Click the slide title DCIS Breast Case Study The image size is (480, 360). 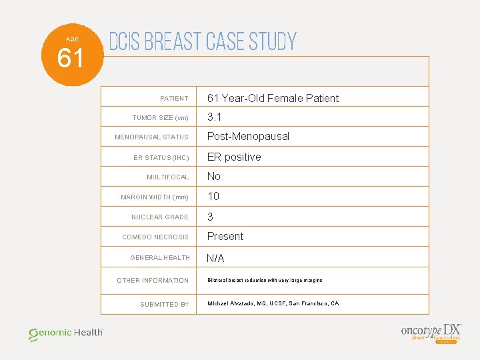point(202,42)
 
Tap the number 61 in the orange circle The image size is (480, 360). point(71,59)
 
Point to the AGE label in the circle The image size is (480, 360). point(71,39)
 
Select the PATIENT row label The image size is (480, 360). point(174,99)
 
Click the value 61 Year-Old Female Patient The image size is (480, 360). point(273,98)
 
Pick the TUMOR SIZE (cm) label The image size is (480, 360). point(160,118)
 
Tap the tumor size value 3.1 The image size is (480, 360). point(214,117)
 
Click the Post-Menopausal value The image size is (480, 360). point(248,137)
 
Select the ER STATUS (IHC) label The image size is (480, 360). point(161,158)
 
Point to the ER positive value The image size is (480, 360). point(234,157)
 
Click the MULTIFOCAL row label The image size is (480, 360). point(168,177)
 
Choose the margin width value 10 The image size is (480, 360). point(213,196)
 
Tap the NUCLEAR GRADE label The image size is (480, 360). point(160,217)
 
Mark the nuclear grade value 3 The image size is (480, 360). point(211,217)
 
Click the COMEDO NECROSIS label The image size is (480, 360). point(155,237)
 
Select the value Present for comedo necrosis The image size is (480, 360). point(225,236)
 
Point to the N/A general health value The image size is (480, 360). point(215,258)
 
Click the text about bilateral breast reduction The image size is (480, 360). point(265,280)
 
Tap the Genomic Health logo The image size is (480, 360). point(65,333)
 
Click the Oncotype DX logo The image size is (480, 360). point(431,332)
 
